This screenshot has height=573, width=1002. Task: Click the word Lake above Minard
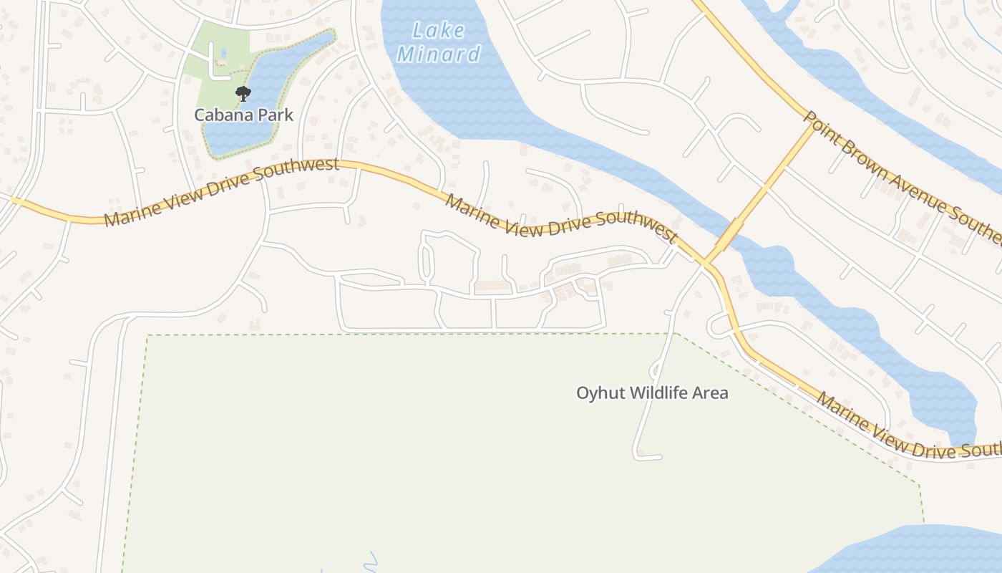(x=439, y=31)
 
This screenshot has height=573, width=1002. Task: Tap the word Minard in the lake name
(x=439, y=54)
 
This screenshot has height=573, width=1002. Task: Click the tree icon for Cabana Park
(x=243, y=93)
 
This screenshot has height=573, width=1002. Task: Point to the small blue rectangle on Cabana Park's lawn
(x=224, y=52)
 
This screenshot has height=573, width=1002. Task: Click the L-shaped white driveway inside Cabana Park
(x=215, y=68)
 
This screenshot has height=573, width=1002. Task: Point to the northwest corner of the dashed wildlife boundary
(x=147, y=335)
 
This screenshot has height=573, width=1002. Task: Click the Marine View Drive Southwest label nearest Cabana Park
(x=221, y=191)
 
